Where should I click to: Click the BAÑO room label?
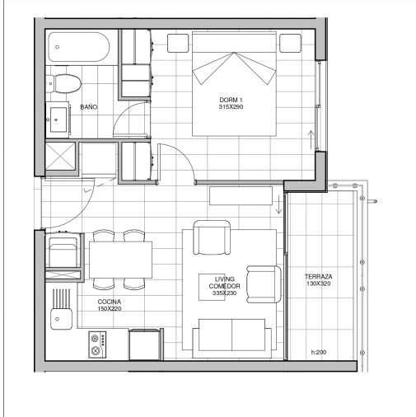89,107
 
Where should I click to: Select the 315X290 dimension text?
231,107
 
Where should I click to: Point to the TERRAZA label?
318,276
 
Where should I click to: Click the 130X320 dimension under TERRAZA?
318,283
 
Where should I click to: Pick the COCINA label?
110,302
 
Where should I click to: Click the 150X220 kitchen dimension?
110,309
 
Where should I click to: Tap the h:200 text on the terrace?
319,352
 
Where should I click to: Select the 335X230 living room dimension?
224,293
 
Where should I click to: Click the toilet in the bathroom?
64,83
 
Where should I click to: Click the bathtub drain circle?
57,47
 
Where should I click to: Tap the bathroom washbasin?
58,119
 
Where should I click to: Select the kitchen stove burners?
97,344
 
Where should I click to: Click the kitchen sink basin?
61,319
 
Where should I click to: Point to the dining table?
120,260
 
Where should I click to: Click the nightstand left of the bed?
178,43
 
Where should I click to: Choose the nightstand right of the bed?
290,43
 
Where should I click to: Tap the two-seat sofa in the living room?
232,338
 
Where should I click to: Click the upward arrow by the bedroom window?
311,140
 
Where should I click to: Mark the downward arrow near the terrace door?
278,204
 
